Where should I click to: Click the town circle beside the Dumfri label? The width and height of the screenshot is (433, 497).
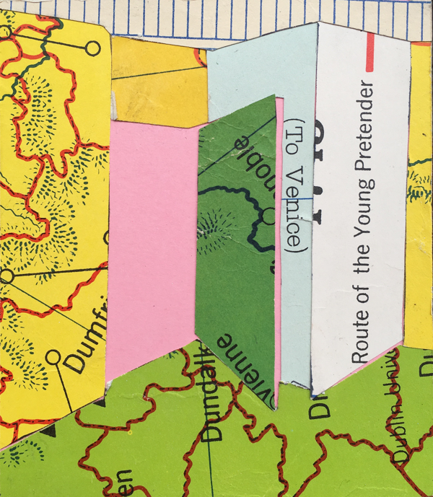(53, 356)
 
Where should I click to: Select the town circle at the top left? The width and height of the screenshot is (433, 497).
(92, 48)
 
